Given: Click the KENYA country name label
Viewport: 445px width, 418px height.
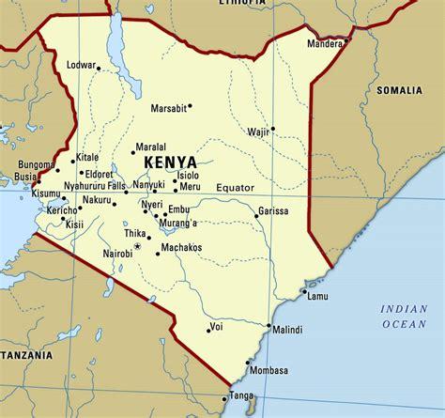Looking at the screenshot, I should click(171, 163).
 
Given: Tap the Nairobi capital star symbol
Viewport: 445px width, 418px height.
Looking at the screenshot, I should click(137, 246).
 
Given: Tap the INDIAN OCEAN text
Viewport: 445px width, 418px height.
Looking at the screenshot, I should click(404, 316).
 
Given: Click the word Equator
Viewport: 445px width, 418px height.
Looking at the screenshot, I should click(235, 188).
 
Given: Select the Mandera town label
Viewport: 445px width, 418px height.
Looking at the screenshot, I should click(326, 42).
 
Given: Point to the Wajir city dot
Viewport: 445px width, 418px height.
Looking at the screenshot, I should click(272, 129).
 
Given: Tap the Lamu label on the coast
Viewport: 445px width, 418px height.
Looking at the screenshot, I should click(318, 297).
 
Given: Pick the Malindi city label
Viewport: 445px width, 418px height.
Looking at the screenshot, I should click(287, 330).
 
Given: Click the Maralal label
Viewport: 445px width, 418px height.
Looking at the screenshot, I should click(151, 147).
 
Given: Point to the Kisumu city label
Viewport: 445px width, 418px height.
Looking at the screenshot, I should click(22, 194).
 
